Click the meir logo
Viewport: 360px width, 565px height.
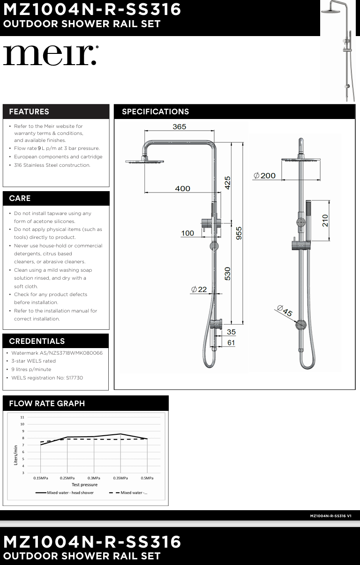click(51, 55)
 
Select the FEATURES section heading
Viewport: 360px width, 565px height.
click(29, 112)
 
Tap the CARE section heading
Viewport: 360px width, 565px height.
click(20, 198)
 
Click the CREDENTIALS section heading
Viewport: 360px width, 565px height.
click(37, 341)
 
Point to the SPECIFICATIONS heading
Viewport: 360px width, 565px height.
click(155, 112)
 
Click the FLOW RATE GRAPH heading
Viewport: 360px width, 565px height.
click(47, 403)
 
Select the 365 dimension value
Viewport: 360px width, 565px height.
click(179, 126)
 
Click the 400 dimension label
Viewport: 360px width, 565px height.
click(182, 188)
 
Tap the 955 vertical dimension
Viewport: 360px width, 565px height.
click(239, 233)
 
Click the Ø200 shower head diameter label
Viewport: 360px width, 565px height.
click(265, 176)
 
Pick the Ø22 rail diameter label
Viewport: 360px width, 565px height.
click(199, 290)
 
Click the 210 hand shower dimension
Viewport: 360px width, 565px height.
click(325, 220)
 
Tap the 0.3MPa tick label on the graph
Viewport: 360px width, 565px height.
click(94, 478)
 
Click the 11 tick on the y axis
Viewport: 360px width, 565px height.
click(22, 417)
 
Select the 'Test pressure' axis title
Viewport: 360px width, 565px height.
click(84, 485)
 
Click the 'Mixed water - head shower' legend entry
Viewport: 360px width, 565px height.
click(65, 493)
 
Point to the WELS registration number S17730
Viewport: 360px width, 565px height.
click(47, 378)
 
